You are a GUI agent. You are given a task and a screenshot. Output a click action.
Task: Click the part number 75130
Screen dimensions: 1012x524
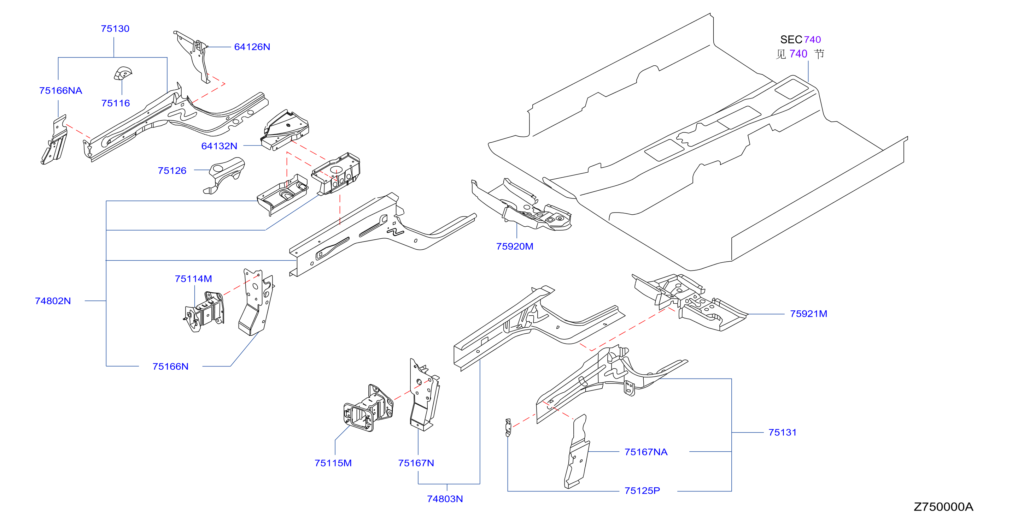[x=115, y=29]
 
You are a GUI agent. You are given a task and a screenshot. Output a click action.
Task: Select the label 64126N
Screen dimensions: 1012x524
[x=252, y=47]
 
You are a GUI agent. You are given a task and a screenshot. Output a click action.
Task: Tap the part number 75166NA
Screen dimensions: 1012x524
[x=60, y=91]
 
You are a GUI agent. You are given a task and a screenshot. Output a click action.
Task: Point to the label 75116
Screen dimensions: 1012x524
[x=116, y=103]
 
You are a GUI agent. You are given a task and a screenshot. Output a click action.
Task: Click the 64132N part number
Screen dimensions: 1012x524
[x=219, y=146]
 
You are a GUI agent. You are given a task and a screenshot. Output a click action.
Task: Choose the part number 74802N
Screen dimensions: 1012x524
[x=53, y=301]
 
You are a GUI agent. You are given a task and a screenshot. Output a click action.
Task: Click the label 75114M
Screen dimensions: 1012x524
[x=193, y=279]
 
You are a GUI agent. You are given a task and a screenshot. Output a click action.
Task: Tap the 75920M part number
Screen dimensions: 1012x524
[x=515, y=246]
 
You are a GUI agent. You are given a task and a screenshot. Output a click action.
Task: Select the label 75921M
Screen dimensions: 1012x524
[x=808, y=314]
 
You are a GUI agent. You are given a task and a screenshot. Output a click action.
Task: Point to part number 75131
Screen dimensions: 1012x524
[x=783, y=433]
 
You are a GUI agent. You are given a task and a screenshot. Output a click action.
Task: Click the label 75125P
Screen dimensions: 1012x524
[x=642, y=491]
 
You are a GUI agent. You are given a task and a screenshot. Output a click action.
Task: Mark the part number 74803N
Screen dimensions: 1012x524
[x=445, y=499]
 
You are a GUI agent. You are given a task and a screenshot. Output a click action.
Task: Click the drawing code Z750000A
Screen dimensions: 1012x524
[x=944, y=507]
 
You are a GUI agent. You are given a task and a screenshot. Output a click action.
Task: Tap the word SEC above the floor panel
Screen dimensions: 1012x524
[x=791, y=40]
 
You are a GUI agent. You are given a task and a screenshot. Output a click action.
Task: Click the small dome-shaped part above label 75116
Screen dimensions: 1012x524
[x=123, y=73]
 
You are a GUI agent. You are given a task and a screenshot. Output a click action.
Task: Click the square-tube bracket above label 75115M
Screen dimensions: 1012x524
[x=368, y=408]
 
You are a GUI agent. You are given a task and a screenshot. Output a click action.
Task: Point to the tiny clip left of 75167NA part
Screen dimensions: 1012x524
[x=508, y=428]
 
